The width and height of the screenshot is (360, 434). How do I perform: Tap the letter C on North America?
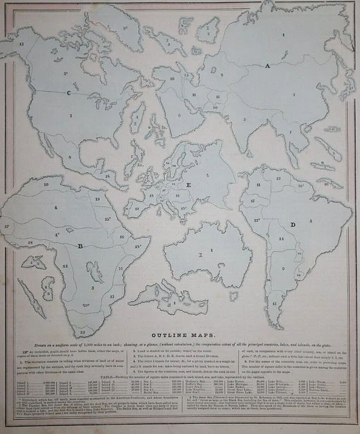click(68, 92)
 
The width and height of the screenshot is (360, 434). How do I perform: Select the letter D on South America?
click(292, 223)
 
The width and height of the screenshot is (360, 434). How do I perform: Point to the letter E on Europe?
click(188, 184)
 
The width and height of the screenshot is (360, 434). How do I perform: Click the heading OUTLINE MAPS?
click(183, 335)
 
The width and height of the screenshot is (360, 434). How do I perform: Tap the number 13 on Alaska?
click(22, 43)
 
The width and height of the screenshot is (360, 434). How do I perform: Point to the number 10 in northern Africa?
click(45, 184)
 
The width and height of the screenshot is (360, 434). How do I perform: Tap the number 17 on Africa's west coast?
click(7, 224)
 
